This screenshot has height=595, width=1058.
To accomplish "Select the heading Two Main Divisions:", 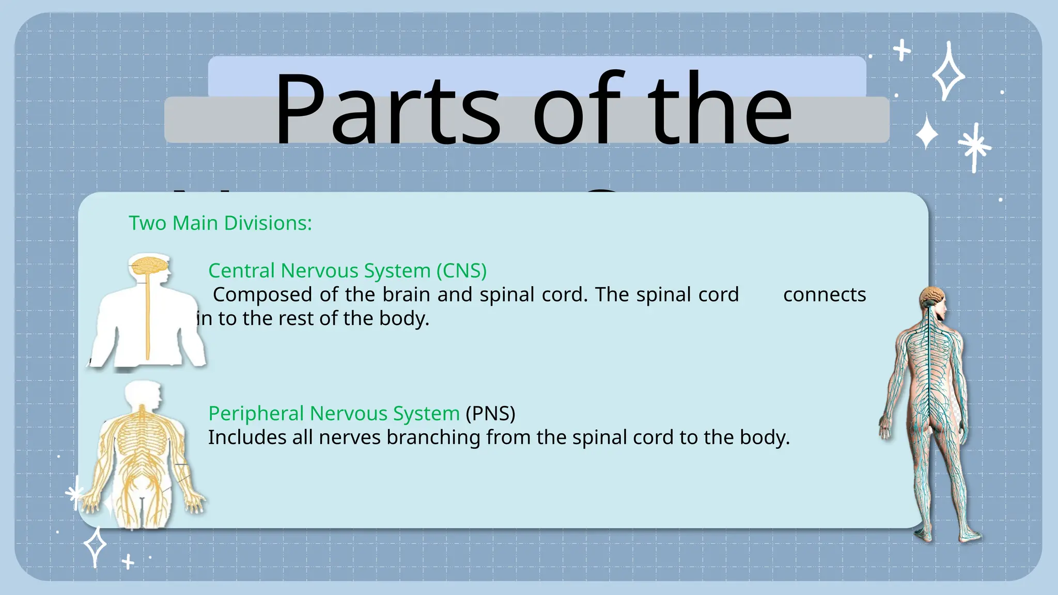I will tap(220, 223).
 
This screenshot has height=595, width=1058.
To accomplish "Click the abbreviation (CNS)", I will tap(461, 271).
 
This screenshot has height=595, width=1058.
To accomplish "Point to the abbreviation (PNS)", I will tap(490, 413).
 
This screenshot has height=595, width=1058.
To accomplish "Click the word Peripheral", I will tap(256, 413).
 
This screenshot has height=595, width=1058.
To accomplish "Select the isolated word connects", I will tap(824, 294).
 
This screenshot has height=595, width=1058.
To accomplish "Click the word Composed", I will tap(263, 294).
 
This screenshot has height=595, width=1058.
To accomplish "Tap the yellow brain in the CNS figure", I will tap(149, 266).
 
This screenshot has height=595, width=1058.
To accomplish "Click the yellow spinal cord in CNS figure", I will tap(148, 320).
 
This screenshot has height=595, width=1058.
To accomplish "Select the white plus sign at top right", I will tap(902, 50).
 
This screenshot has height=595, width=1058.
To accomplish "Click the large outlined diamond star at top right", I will tap(948, 72).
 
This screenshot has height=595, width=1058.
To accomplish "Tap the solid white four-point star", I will tap(927, 133).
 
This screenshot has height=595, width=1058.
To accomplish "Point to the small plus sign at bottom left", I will tap(128, 561).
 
